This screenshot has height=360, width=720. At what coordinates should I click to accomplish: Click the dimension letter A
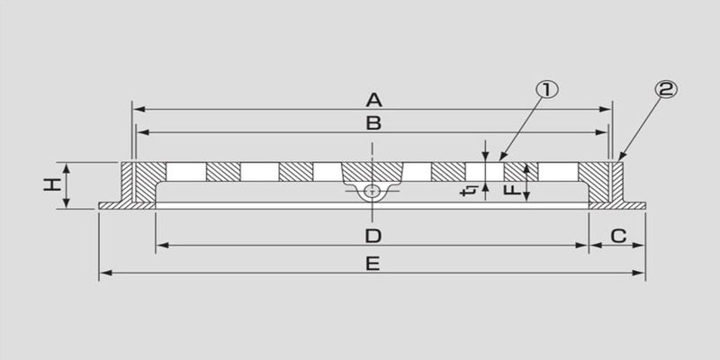click(x=373, y=100)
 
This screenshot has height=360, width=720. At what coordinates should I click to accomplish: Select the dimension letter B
click(x=373, y=123)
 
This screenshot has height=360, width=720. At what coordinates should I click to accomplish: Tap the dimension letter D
click(x=373, y=237)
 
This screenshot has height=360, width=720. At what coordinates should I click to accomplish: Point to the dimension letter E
click(x=373, y=264)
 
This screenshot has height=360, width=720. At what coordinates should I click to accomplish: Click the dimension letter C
click(x=618, y=237)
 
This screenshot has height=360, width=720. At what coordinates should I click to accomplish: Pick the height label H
click(x=52, y=184)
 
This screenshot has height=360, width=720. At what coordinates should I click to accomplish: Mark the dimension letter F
click(x=512, y=189)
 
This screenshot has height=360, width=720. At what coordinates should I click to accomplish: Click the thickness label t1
click(x=469, y=190)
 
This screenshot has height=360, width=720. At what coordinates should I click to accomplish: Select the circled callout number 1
click(x=547, y=91)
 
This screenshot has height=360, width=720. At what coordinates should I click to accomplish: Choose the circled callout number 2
click(x=665, y=90)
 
